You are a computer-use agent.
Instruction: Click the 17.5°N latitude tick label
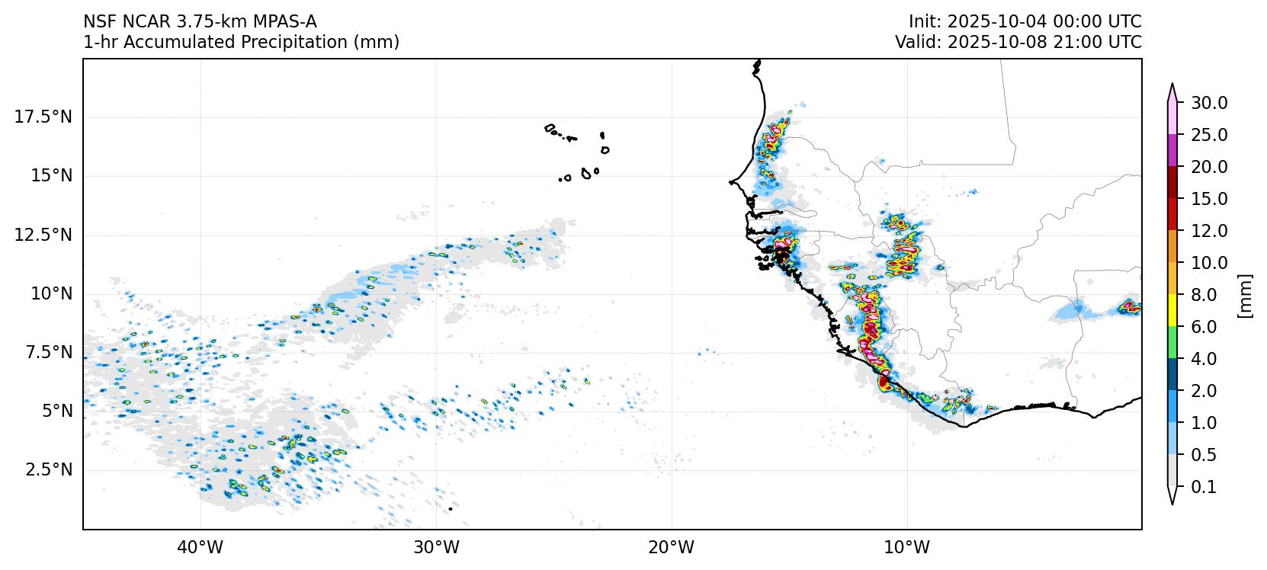point(43,117)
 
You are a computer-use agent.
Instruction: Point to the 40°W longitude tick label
point(200,547)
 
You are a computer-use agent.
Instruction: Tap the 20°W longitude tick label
point(672,547)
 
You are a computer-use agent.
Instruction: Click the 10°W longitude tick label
point(907,547)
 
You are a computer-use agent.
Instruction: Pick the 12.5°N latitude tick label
point(43,235)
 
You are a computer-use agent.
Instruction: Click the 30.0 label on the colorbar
point(1209,103)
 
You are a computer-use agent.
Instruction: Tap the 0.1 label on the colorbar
point(1204,487)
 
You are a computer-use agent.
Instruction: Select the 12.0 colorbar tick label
point(1209,231)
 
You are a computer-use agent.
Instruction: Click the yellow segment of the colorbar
point(1173,311)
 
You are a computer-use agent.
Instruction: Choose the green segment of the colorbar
point(1173,343)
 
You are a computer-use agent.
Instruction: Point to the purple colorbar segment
point(1173,151)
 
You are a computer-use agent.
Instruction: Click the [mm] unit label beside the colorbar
point(1245,295)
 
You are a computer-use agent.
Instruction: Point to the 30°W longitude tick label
point(436,547)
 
